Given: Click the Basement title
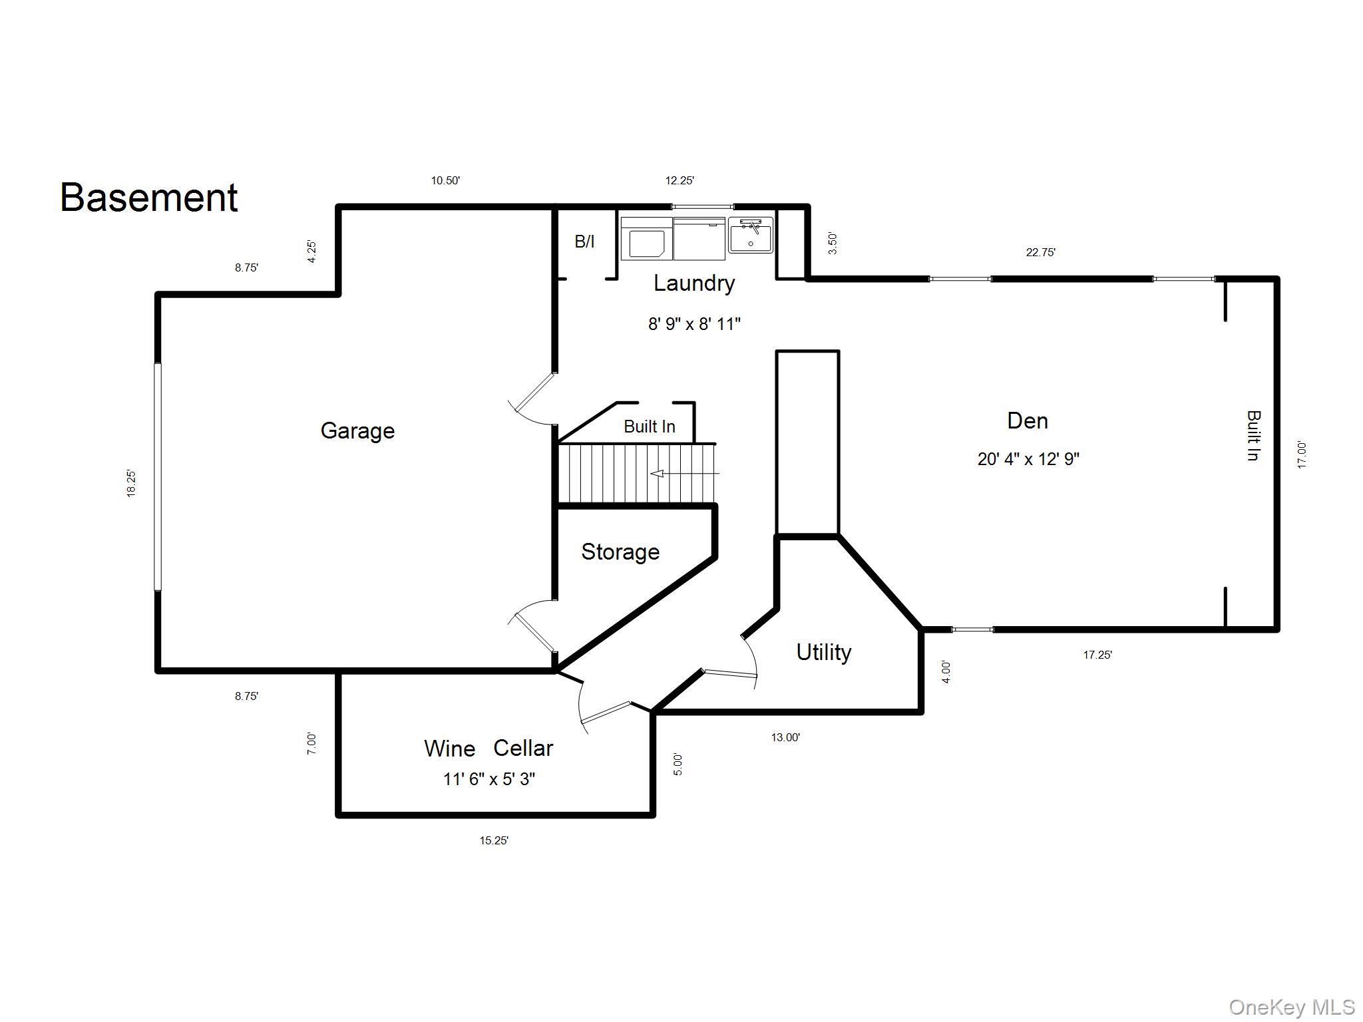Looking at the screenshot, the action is (149, 198).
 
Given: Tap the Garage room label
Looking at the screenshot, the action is (357, 431).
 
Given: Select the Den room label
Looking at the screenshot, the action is (1028, 421).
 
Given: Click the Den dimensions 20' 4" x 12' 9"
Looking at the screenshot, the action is (1028, 458).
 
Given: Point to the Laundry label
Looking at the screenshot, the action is (694, 283).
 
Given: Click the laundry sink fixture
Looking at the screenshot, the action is (751, 235).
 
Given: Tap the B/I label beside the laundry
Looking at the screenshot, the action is (584, 242).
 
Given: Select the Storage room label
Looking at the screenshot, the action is (620, 552).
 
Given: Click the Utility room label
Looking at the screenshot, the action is (824, 652).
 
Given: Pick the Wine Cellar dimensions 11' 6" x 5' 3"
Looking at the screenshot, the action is (489, 778).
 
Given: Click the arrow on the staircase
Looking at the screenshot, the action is (685, 474).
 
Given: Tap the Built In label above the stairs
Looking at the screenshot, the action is (650, 426).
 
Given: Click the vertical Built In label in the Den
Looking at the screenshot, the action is (1253, 436).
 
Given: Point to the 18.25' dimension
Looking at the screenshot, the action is (131, 484).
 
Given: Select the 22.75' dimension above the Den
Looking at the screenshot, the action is (1041, 252).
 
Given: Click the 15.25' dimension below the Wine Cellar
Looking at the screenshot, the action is (494, 840).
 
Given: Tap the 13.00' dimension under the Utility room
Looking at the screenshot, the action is (785, 737).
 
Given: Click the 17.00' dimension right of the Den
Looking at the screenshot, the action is (1302, 455).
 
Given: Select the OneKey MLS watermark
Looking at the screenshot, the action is (1292, 1007).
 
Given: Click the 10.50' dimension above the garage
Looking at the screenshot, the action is (445, 180).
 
